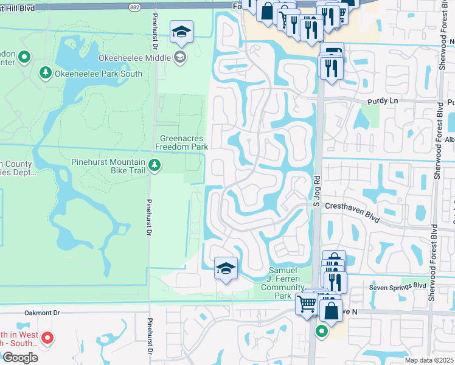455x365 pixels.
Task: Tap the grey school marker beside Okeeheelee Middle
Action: tap(180, 58)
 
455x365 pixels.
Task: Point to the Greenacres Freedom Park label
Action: tap(182, 142)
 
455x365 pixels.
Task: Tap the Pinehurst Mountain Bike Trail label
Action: tap(108, 167)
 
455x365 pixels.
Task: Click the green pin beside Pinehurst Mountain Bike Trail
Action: tap(155, 165)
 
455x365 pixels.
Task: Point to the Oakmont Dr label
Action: tap(43, 313)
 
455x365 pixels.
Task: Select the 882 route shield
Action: tap(134, 6)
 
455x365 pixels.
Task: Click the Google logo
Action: tap(19, 358)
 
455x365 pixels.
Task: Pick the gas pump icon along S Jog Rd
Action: tap(332, 52)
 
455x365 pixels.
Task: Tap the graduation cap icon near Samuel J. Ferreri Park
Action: tap(226, 268)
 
